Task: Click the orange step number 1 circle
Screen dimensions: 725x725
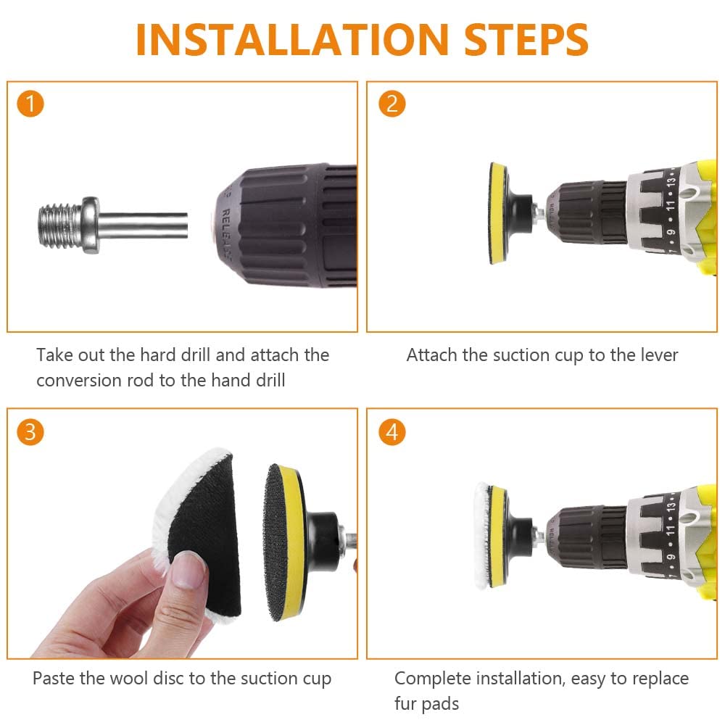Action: [30, 104]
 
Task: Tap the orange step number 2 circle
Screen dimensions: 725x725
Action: [391, 104]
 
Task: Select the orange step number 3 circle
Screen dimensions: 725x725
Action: [30, 432]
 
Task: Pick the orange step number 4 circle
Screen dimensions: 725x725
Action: [391, 432]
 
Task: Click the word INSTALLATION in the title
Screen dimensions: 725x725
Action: [292, 39]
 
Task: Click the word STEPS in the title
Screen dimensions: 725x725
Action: [526, 39]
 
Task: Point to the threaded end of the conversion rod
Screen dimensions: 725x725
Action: [60, 225]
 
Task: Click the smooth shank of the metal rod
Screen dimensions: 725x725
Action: [144, 225]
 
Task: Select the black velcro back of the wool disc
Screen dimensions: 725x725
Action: [206, 536]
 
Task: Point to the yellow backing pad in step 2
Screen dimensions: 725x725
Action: [497, 213]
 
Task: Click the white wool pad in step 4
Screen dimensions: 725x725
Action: [482, 535]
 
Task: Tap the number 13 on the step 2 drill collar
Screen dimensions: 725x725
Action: [671, 179]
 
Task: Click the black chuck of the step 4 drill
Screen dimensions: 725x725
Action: [587, 536]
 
